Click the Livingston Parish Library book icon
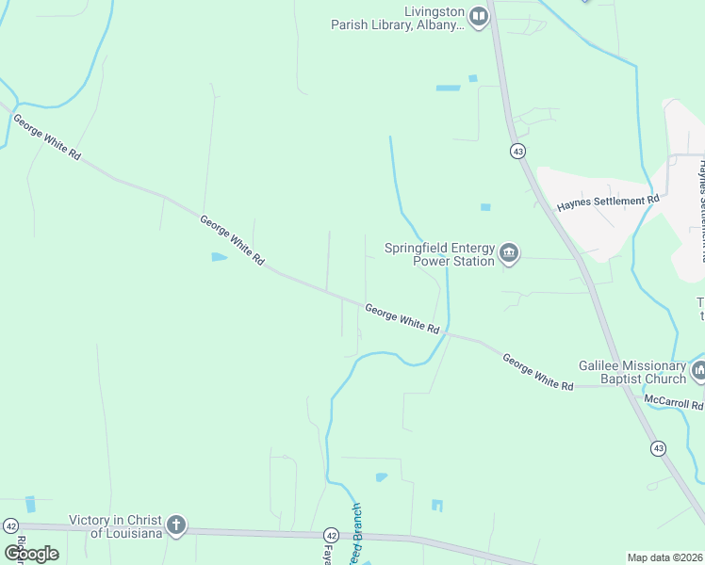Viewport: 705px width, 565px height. tap(479, 15)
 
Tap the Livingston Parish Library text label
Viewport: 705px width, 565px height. tap(397, 19)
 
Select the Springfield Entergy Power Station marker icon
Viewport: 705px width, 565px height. tap(509, 252)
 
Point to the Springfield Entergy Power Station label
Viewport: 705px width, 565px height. tap(439, 254)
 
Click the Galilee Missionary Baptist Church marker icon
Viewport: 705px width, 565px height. tap(698, 371)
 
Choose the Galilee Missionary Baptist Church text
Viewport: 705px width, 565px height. tap(631, 372)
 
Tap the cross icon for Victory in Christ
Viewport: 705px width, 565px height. tap(175, 525)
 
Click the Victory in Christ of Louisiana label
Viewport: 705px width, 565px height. tap(115, 525)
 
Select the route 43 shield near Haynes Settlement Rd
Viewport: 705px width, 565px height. tap(517, 151)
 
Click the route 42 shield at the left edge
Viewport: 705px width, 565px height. tap(10, 525)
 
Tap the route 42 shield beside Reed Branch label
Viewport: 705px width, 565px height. tap(331, 534)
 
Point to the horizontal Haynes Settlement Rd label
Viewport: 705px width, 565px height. tap(607, 202)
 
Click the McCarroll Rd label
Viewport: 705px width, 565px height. tap(673, 402)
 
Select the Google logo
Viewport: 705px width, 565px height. tap(31, 553)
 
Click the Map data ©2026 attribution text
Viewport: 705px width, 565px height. tap(664, 557)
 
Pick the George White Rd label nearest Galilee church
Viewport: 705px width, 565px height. tap(537, 372)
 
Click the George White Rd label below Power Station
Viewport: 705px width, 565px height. tap(402, 318)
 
